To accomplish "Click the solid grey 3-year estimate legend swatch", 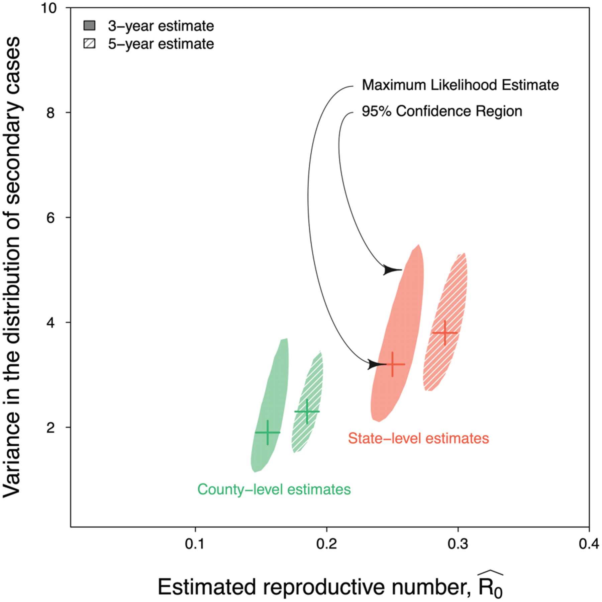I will (x=89, y=26).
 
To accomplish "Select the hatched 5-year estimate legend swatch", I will (x=89, y=44).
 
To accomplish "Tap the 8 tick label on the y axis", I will (x=50, y=113).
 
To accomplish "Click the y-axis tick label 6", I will (x=50, y=218).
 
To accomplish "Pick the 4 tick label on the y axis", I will (x=50, y=323).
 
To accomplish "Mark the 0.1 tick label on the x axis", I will (x=195, y=545).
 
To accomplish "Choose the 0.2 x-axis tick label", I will (x=326, y=545).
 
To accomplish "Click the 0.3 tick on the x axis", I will (x=458, y=545).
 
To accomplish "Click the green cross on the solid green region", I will (x=268, y=433).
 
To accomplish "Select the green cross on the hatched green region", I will (x=307, y=411).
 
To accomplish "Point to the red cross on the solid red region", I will (x=393, y=364).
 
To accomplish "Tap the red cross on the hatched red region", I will (x=445, y=333).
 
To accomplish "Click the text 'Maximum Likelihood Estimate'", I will (x=460, y=85).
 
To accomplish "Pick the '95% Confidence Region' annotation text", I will (x=442, y=111).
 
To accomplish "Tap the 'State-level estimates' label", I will (x=418, y=438).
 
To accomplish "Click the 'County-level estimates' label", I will (x=274, y=490).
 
